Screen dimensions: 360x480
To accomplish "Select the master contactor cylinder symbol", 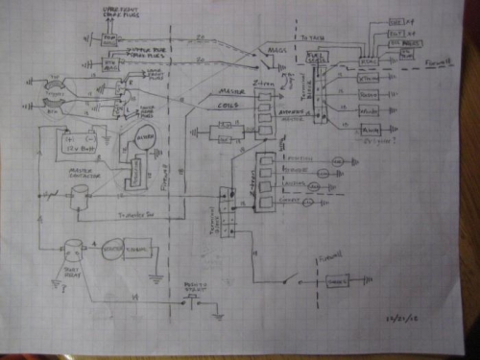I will click(x=77, y=197).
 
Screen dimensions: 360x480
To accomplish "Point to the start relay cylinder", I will click(x=68, y=252).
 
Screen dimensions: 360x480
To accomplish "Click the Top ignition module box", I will click(x=110, y=36).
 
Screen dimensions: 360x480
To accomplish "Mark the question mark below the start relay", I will click(x=53, y=279).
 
